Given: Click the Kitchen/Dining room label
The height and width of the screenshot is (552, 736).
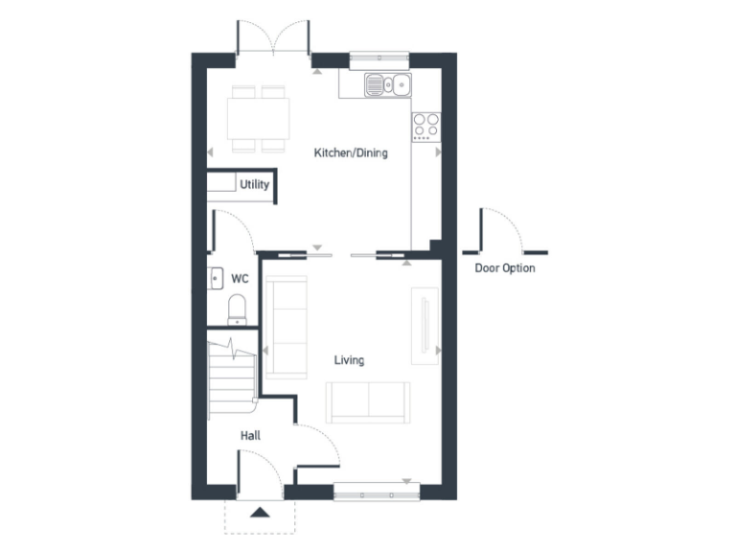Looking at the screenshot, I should [352, 152].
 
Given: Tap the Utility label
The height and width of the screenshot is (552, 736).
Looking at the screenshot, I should [254, 185].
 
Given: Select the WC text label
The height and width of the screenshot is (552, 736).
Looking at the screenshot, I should [240, 280].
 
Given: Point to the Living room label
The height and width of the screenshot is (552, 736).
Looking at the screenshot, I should [349, 360].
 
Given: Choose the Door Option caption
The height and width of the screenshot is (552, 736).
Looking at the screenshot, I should [505, 268].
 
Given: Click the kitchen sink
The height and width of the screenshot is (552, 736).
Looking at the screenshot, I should [387, 86].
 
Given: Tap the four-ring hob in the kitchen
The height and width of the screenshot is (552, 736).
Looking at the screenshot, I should [425, 126].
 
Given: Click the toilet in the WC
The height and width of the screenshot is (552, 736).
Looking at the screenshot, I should [236, 309].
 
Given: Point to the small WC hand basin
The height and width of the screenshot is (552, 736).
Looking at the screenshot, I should [215, 279].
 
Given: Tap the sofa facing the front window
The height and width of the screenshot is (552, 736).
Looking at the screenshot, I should [368, 402].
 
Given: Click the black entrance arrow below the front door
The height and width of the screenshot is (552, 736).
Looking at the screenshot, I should [260, 512].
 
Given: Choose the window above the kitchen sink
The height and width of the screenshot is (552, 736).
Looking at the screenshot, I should [379, 60].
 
